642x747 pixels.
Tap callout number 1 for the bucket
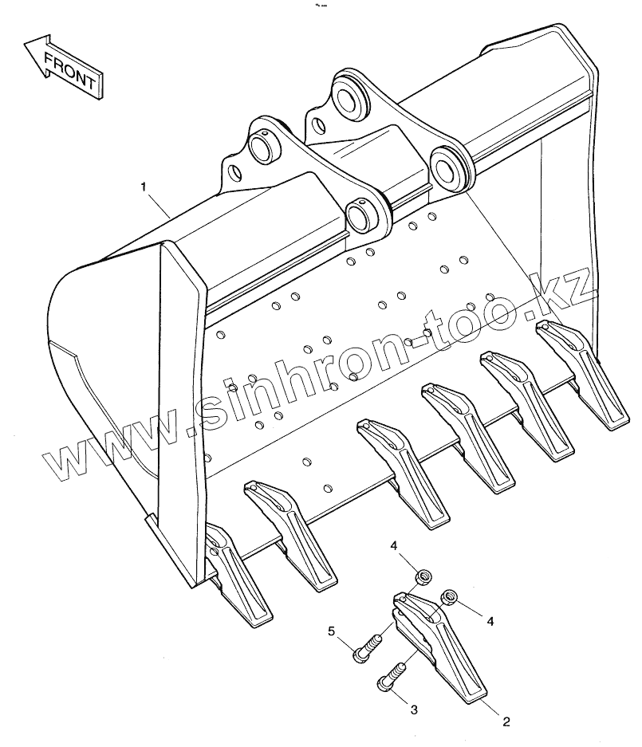[x=143, y=187]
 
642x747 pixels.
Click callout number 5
[x=331, y=632]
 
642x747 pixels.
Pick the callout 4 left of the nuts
[x=393, y=545]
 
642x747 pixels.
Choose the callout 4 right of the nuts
[x=491, y=620]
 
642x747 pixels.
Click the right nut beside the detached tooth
[x=450, y=596]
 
